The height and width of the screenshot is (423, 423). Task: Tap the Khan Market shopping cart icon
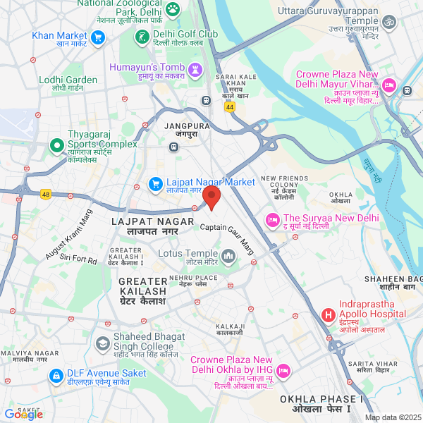point(98,37)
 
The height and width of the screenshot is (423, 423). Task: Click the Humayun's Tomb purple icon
point(196,70)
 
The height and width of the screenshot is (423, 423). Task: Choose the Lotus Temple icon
point(228,255)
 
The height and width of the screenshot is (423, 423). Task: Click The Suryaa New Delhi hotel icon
point(272,221)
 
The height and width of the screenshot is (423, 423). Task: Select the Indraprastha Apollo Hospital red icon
point(328,314)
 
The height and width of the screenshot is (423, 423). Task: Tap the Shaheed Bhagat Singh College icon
point(102,344)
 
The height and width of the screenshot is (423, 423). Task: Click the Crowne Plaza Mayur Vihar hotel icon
point(407,89)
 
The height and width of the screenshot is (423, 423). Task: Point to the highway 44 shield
point(230,106)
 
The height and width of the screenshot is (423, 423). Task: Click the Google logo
point(24,415)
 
